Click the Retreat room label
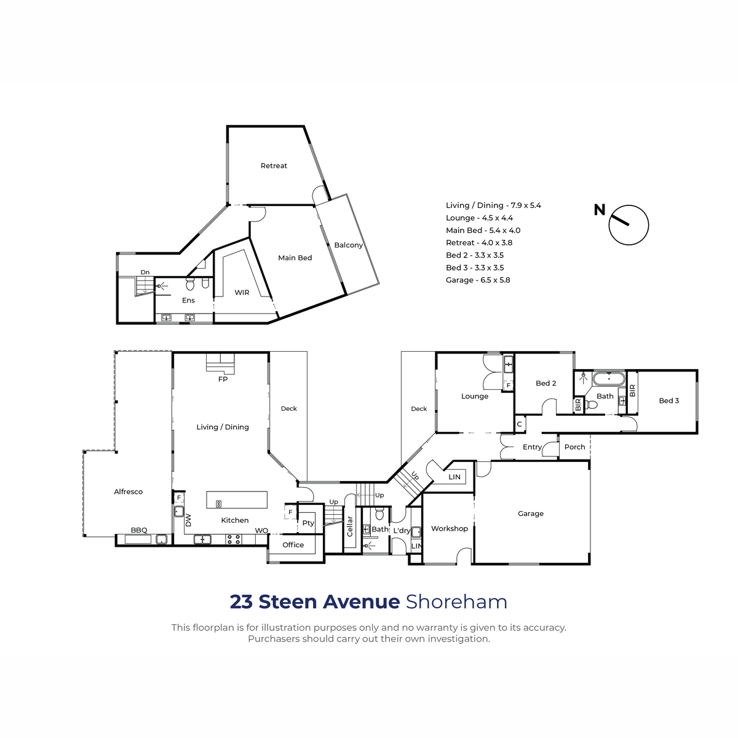coord(274,166)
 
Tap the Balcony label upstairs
coord(348,245)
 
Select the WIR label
coord(242,293)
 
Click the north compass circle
coord(629,225)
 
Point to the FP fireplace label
coord(223,379)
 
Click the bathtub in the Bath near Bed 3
coord(609,379)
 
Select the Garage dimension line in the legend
coord(478,280)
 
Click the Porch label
coord(574,447)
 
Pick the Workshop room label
coord(449,528)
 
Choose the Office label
coord(293,545)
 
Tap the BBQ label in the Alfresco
coord(139,530)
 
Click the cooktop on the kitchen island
coord(219,504)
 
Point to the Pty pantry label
coord(308,523)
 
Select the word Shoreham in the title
coord(456,601)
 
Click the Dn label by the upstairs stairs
coord(145,272)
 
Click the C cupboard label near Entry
coord(519,424)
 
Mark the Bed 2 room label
coord(546,383)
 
